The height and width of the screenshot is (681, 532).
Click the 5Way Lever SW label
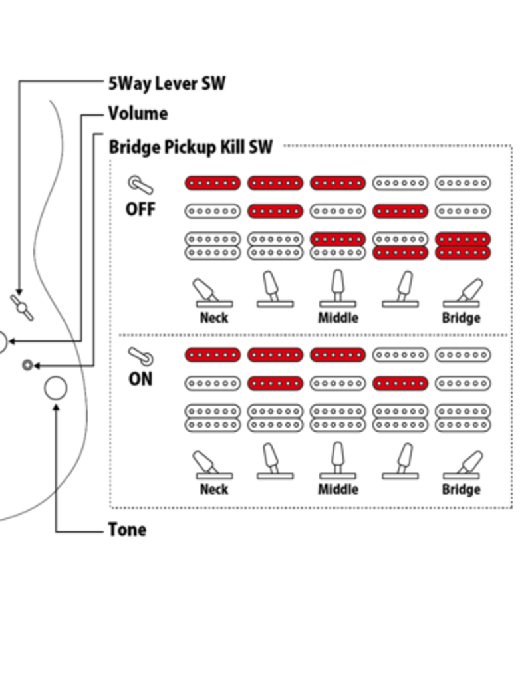166,84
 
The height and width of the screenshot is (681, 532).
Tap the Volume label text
138,114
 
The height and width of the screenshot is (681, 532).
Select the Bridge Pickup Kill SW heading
190,147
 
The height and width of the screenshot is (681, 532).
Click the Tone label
126,530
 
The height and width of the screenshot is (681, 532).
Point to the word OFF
140,209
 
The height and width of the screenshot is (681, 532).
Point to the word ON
140,379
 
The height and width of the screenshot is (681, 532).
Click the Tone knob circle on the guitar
55,388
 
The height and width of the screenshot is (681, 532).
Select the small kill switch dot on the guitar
27,365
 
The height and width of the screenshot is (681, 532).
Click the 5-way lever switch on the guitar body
21,307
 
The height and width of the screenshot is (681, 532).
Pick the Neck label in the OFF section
213,318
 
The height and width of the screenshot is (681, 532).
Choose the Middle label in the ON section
338,490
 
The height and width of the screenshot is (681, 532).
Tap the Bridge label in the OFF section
461,318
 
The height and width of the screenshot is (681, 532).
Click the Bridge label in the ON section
461,490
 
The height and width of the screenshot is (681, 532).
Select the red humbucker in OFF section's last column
463,246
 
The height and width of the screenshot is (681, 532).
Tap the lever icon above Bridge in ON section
463,465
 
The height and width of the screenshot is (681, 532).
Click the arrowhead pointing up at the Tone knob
55,405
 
